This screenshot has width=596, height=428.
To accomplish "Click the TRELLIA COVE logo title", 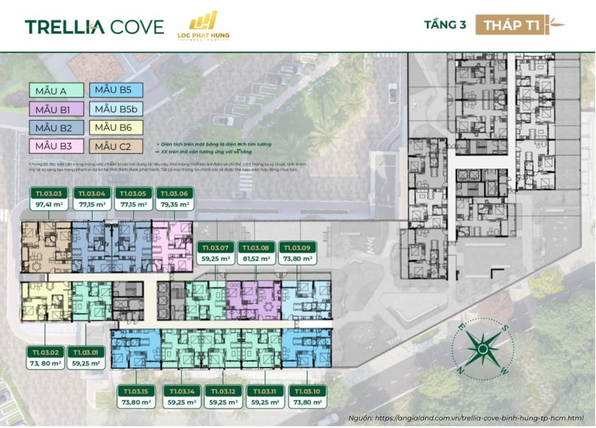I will tap(94, 27).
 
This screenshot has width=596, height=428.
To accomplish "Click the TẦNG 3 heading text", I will tap(445, 25).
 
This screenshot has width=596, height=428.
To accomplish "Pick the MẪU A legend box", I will tap(57, 90).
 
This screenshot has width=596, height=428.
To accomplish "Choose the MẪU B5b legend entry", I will tap(116, 109).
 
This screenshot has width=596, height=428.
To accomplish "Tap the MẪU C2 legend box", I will tap(116, 146).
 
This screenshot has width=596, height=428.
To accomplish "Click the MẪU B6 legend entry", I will tap(116, 127).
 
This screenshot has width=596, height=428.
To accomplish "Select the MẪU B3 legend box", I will tap(57, 146).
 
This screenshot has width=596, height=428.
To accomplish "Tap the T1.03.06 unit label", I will tap(174, 194).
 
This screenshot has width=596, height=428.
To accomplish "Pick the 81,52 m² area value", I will tap(256, 259).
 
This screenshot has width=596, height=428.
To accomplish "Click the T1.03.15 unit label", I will tap(136, 391).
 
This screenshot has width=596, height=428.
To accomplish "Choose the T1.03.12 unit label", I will tap(223, 391).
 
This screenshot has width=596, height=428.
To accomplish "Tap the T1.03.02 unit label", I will tap(46, 352).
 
